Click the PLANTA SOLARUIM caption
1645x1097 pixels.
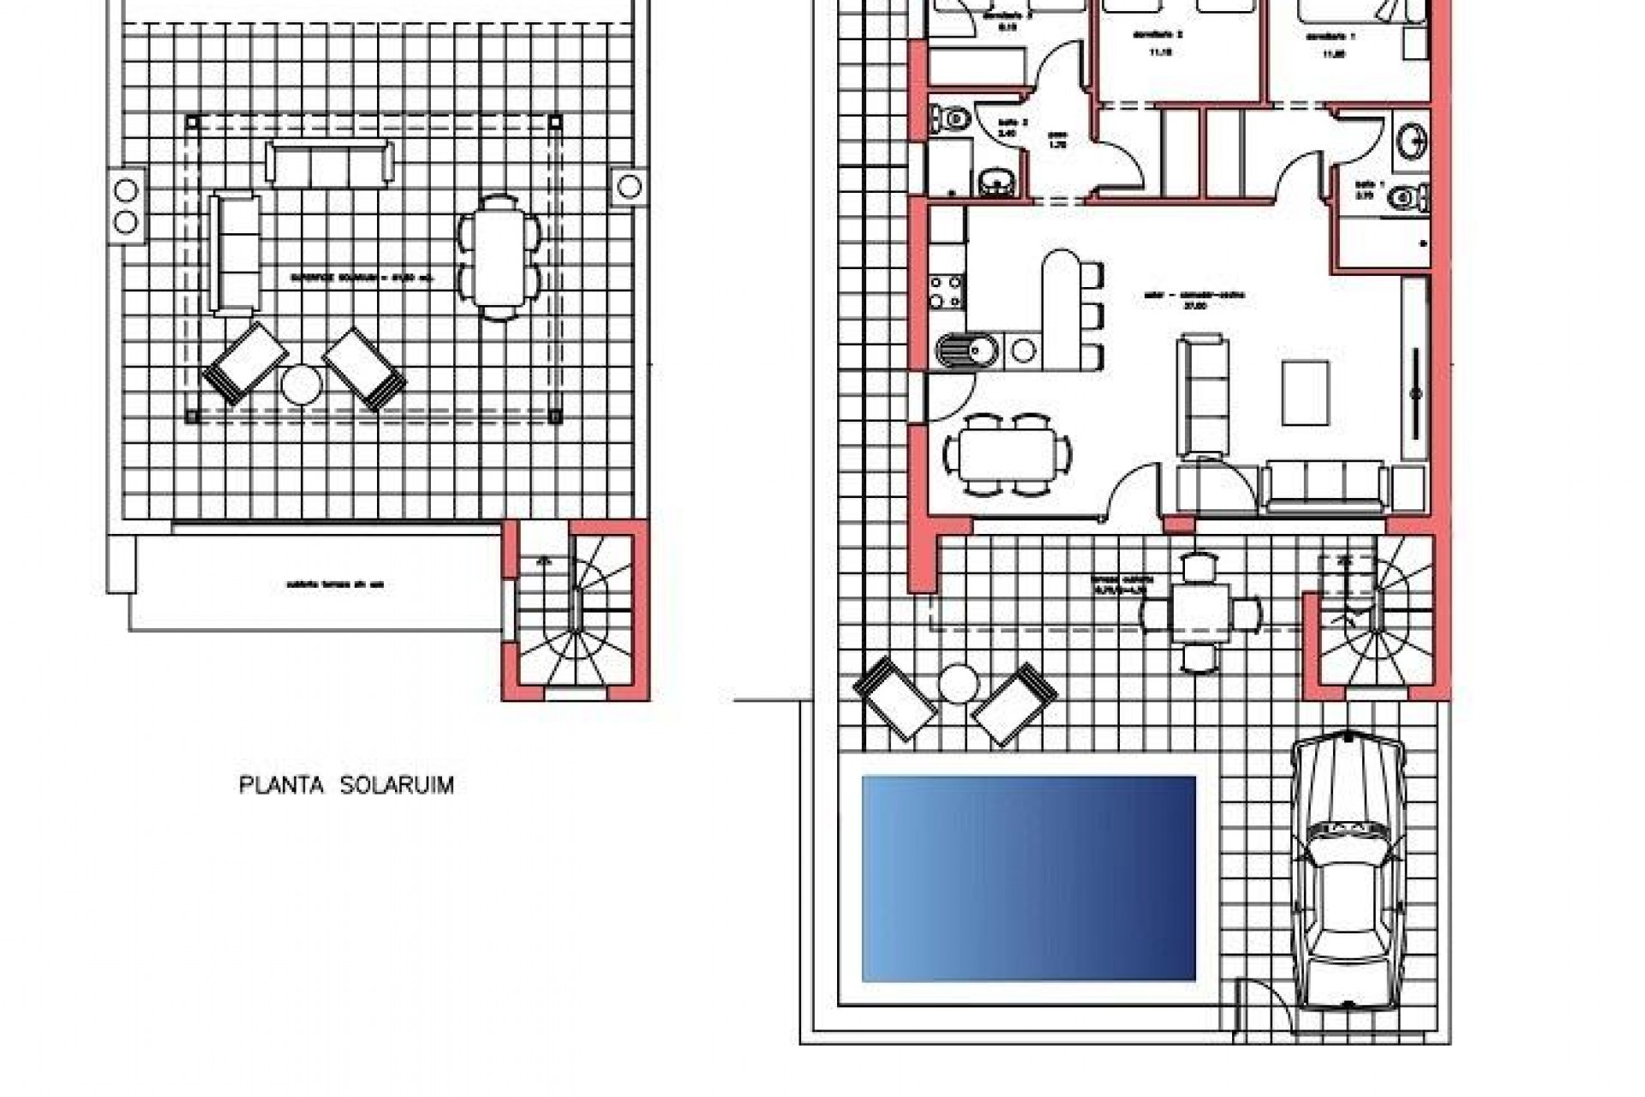346,786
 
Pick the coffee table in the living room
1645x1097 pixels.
1306,393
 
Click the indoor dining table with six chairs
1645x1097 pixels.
1007,455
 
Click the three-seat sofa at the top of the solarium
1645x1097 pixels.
330,163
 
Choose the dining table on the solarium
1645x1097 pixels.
500,258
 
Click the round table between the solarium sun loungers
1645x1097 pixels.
301,383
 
